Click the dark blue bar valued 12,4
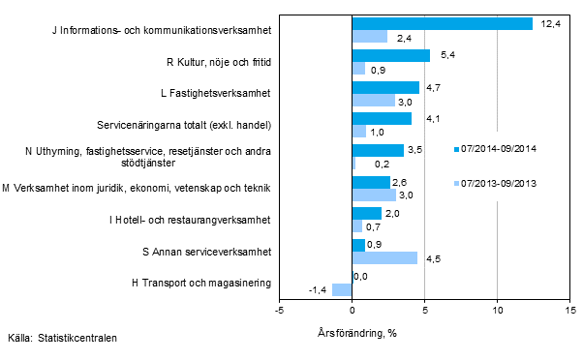[442, 24]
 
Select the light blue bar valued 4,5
[384, 257]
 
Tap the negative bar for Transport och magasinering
[342, 289]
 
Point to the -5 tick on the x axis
[279, 311]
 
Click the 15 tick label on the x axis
[569, 311]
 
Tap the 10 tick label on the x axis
[497, 311]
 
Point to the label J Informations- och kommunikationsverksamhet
[161, 31]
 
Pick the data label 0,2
[368, 164]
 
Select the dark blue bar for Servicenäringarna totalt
[382, 118]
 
